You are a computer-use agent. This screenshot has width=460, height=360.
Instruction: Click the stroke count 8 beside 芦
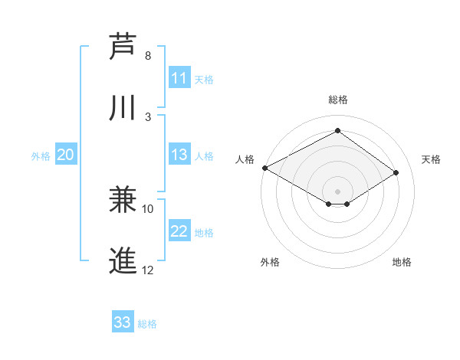tap(148, 56)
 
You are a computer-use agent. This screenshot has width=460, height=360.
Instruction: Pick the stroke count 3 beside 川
tap(148, 116)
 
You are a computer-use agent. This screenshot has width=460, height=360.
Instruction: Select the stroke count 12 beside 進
tap(148, 270)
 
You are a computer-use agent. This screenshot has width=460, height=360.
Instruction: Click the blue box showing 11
tap(179, 78)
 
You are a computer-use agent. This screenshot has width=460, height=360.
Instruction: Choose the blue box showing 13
tap(179, 155)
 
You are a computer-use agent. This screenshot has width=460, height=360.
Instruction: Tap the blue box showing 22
tap(179, 231)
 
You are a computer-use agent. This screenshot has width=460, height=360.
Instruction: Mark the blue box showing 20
tap(66, 155)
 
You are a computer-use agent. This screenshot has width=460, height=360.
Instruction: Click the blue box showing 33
tap(123, 322)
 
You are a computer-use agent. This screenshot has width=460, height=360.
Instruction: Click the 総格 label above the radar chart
tap(338, 100)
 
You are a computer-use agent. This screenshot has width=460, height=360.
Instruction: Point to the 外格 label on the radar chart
tap(270, 262)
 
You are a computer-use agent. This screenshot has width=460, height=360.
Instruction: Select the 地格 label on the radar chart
tap(402, 262)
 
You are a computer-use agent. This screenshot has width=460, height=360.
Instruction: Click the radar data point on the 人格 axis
tap(264, 167)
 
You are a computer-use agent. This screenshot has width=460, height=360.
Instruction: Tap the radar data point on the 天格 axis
tap(396, 173)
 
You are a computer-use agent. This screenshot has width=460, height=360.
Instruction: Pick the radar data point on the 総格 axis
tap(337, 131)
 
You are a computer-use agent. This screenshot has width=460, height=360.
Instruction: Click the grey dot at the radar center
tap(337, 191)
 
